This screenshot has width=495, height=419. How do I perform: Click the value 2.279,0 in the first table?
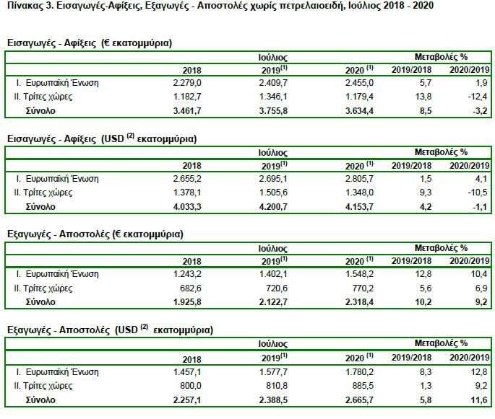click(187, 83)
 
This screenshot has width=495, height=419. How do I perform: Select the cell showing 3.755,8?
click(273, 111)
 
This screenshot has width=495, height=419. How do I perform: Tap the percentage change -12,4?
click(478, 97)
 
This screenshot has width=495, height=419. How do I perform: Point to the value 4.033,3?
click(187, 207)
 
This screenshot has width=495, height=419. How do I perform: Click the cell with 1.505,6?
click(273, 193)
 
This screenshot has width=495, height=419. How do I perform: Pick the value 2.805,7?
click(359, 179)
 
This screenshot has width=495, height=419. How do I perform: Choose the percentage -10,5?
click(478, 193)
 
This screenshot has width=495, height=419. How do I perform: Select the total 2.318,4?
click(359, 302)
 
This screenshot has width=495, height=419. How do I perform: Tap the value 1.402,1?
click(273, 274)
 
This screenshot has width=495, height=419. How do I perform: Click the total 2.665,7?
click(359, 400)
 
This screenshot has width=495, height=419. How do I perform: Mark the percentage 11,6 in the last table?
click(479, 400)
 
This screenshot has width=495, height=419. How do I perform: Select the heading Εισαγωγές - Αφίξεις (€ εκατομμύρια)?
click(90, 43)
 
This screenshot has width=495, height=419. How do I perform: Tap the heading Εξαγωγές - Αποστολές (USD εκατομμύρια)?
click(110, 330)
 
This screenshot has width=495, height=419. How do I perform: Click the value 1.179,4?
click(359, 97)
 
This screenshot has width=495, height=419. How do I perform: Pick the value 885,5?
click(363, 386)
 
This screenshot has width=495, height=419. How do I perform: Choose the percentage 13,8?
click(423, 97)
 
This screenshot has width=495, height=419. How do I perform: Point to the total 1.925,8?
click(187, 302)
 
